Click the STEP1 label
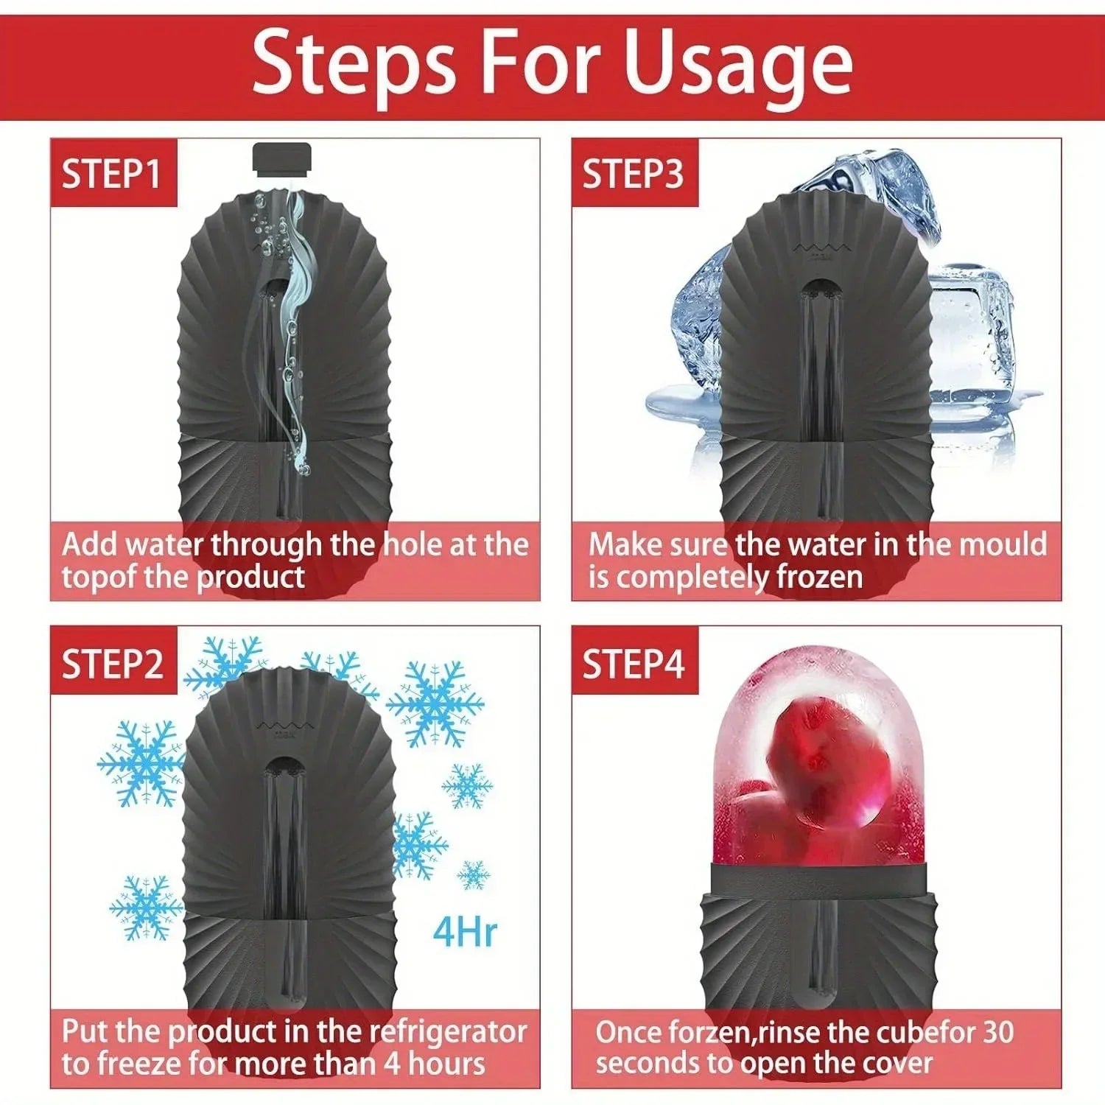(112, 175)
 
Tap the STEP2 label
(112, 664)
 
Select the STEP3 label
(633, 175)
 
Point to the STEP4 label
(633, 664)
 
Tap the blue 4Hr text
(464, 932)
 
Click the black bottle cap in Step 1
(282, 159)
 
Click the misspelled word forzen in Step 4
(707, 1033)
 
